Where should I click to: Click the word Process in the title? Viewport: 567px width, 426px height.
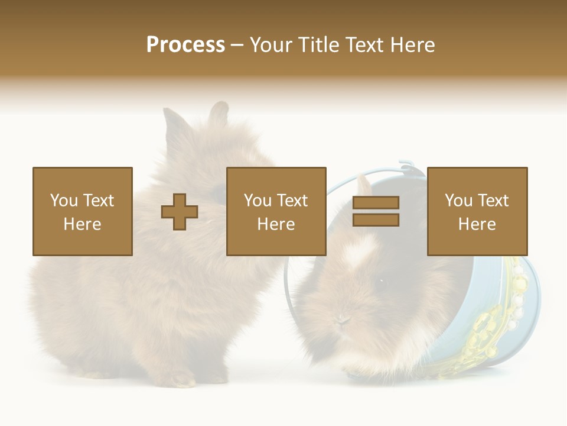tap(185, 45)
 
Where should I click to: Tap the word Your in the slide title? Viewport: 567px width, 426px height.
tap(271, 45)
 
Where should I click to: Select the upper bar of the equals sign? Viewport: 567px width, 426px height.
tap(376, 203)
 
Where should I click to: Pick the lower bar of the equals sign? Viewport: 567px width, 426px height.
tap(376, 220)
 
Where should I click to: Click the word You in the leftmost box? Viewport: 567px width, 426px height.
tap(64, 201)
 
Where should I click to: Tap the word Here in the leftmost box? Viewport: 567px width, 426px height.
tap(82, 224)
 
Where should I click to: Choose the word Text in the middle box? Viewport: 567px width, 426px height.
tap(292, 201)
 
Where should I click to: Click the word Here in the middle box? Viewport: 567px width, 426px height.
tap(276, 224)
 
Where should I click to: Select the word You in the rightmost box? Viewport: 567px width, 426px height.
tap(458, 201)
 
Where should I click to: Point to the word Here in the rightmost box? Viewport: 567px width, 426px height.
tap(477, 224)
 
